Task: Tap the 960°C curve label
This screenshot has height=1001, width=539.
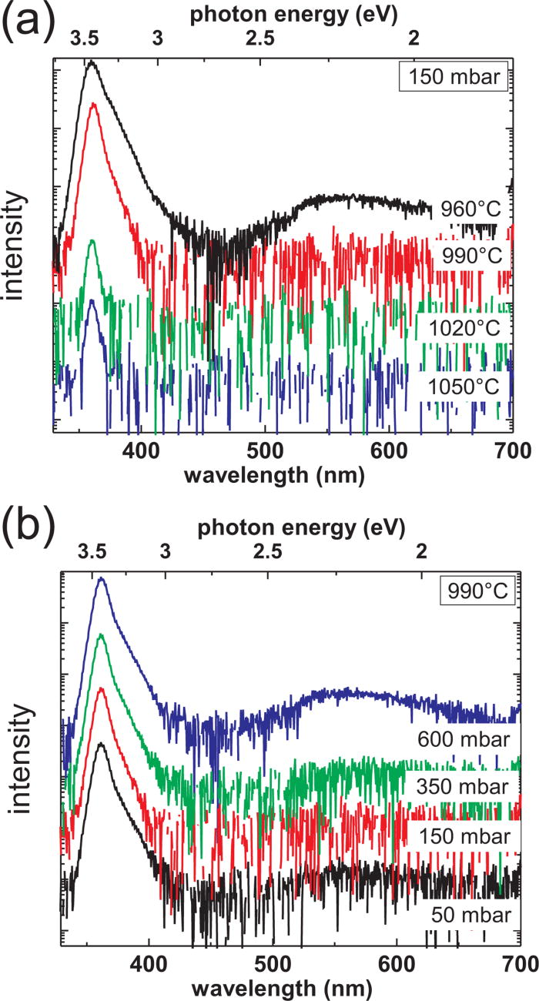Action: coord(470,209)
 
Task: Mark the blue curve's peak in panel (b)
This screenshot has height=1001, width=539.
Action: coord(100,578)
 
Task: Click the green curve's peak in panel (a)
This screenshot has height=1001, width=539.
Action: coord(92,241)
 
